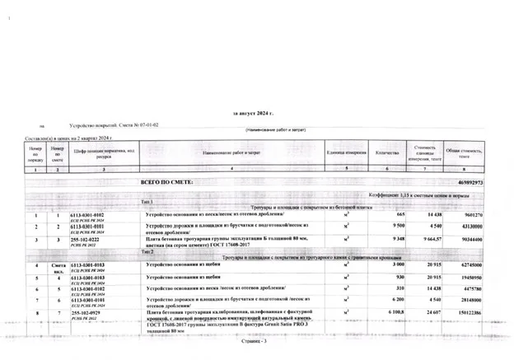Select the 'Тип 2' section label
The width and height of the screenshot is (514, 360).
tap(147, 251)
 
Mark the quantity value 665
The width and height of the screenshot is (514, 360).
tap(400, 214)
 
